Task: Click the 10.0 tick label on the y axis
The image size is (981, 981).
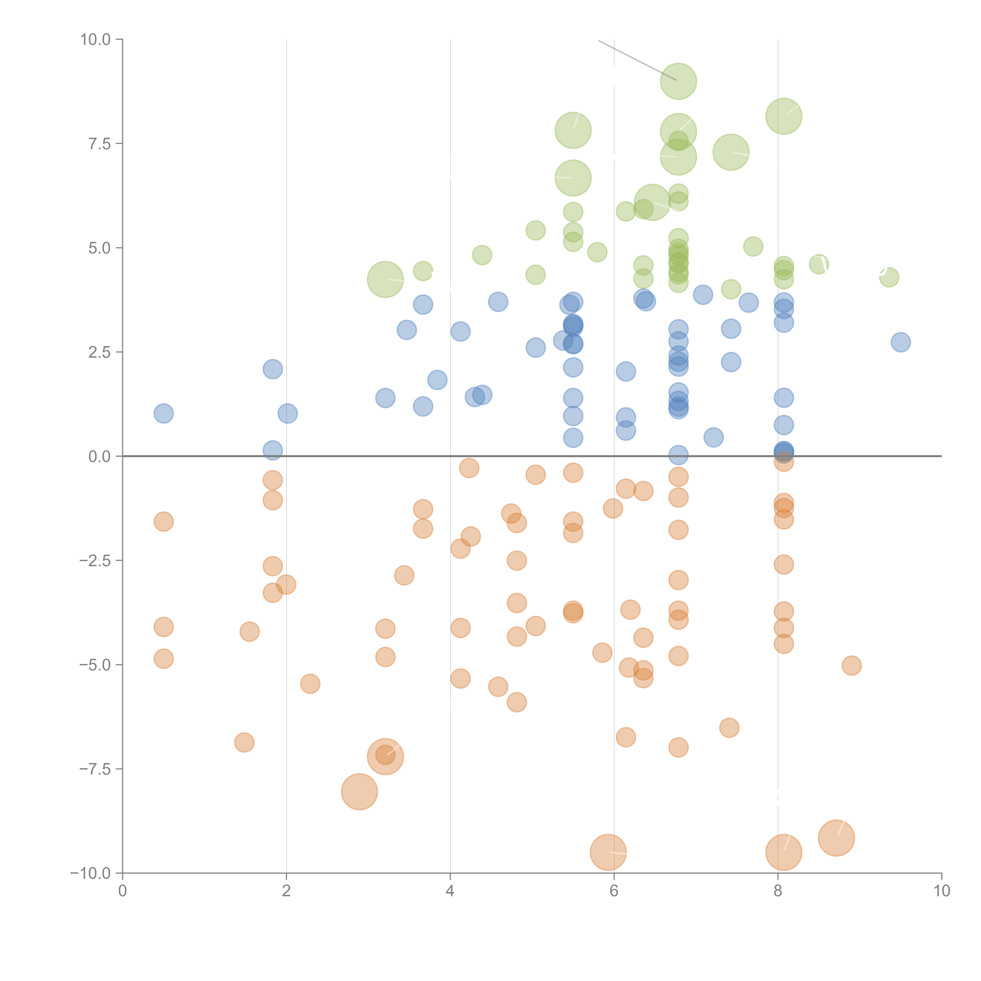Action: [x=96, y=40]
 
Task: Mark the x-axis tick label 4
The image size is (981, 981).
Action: [x=450, y=891]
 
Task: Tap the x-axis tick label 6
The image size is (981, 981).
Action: [x=614, y=891]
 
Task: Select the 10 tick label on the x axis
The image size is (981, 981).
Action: [x=941, y=891]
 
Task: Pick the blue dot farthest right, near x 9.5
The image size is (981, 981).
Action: [x=900, y=342]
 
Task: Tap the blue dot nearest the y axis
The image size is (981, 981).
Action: [x=163, y=413]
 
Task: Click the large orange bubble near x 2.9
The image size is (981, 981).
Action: [x=359, y=792]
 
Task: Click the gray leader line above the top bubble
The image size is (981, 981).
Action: [x=637, y=60]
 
